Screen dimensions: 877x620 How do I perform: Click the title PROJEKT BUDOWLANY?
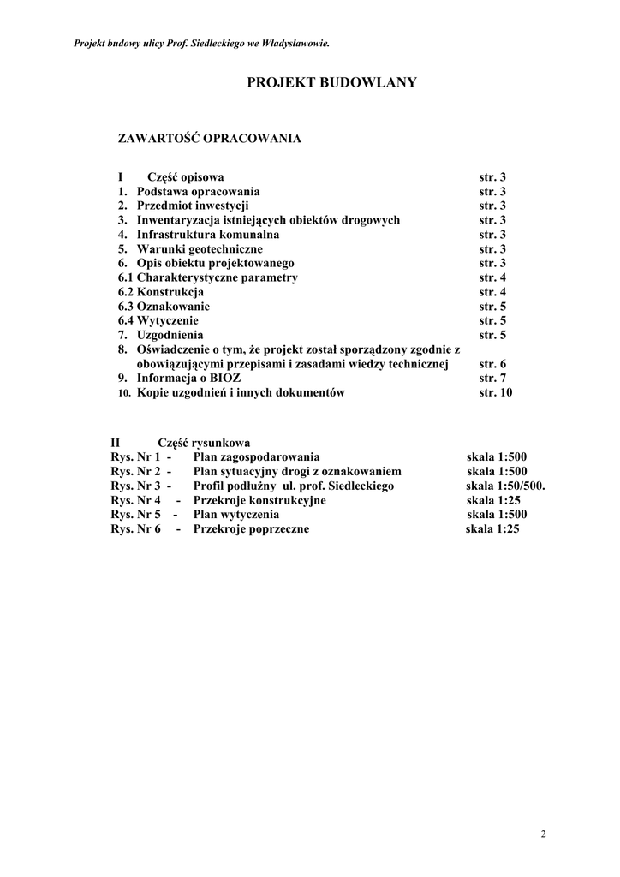point(332,82)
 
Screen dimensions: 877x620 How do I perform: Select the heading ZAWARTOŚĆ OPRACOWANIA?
point(209,137)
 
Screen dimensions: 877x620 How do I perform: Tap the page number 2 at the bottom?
point(544,833)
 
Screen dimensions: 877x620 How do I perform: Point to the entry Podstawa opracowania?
point(198,192)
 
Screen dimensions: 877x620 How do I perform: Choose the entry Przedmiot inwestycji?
point(193,206)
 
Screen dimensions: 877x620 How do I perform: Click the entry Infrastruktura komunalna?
point(208,235)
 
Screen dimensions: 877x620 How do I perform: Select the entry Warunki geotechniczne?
point(200,248)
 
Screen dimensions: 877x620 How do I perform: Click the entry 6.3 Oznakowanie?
point(164,307)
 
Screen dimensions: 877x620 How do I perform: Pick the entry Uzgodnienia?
point(170,335)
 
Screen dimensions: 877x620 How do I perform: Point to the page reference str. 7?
point(492,378)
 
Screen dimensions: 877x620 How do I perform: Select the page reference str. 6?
point(492,363)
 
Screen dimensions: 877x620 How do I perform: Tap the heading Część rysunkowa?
point(204,444)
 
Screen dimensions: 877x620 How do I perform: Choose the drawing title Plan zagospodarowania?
point(256,457)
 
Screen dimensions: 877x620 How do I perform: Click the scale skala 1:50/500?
point(506,486)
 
